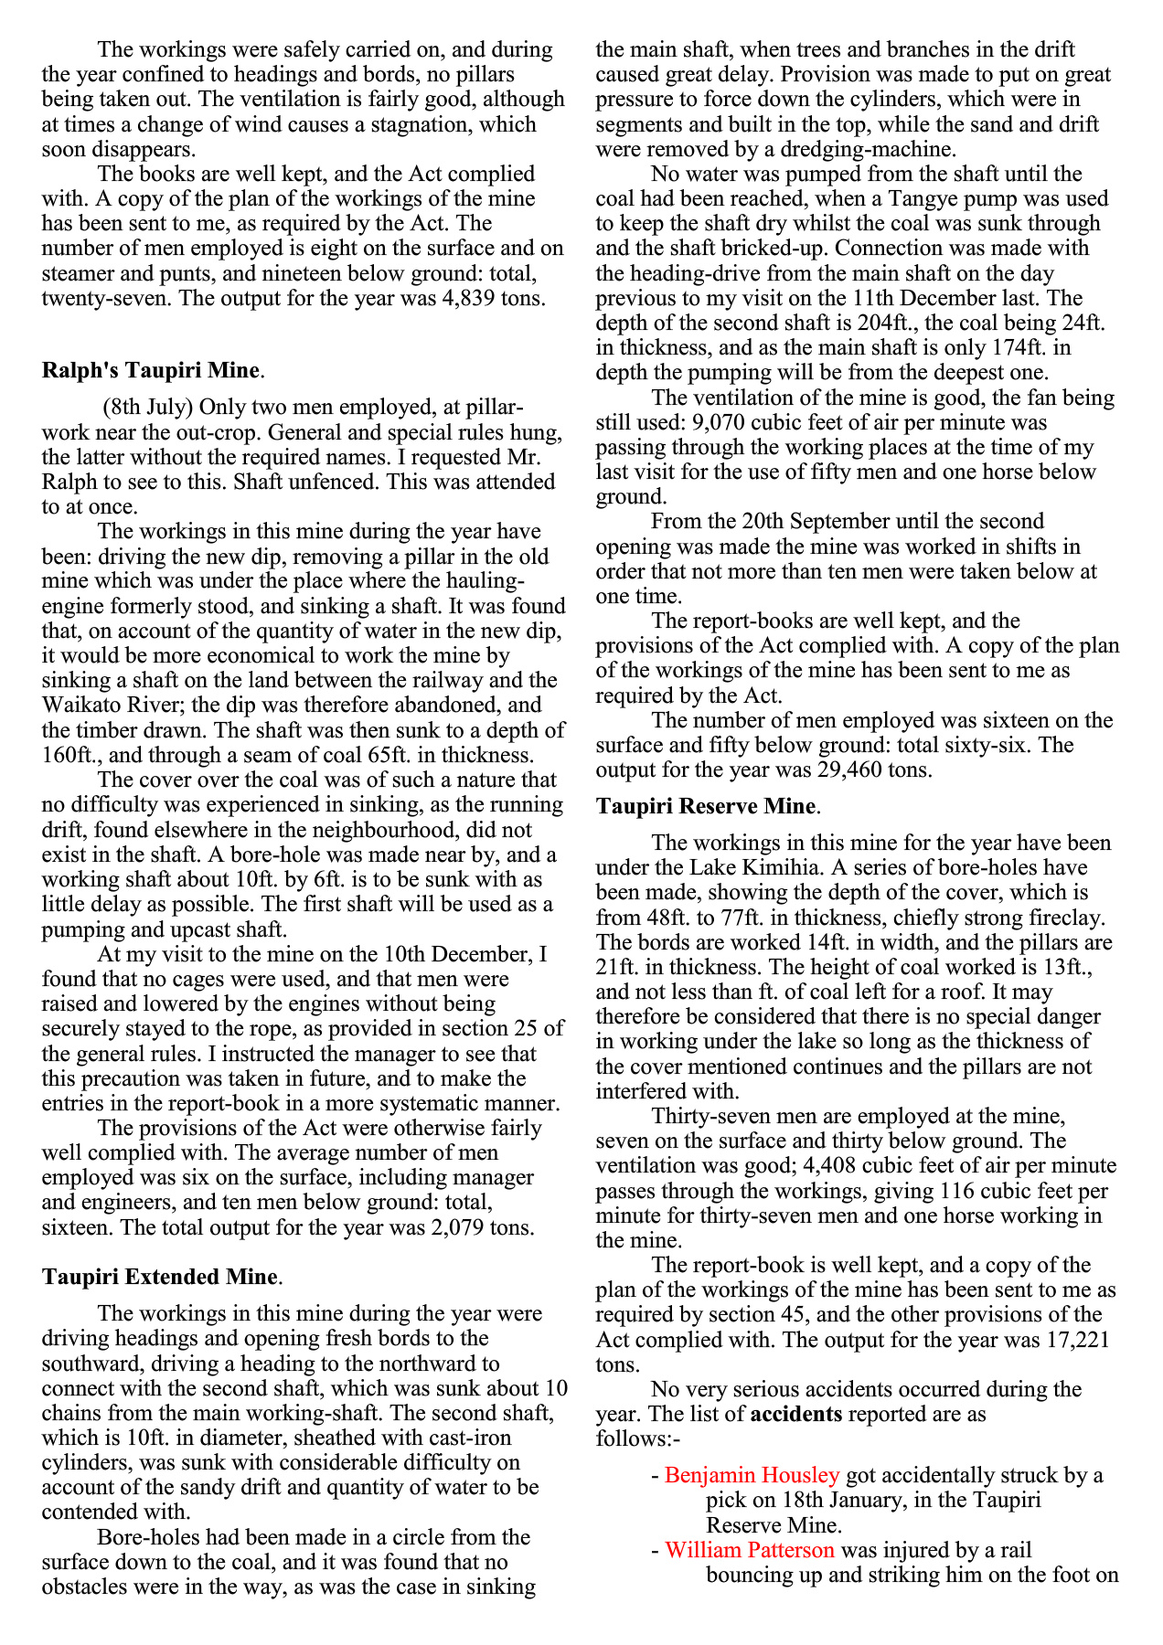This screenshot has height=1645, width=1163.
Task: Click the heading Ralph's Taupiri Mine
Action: click(151, 370)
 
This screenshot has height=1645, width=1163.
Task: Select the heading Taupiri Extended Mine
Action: click(159, 1277)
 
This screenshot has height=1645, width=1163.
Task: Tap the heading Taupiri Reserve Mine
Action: click(705, 806)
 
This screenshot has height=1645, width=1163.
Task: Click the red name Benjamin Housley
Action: click(752, 1475)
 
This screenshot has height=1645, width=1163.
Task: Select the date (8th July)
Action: click(145, 407)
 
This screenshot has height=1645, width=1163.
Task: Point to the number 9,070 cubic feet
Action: click(722, 423)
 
